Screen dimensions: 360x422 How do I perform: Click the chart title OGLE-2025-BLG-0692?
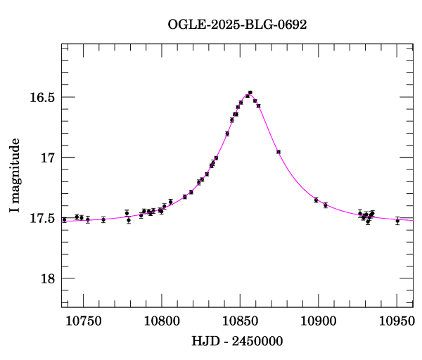pyautogui.click(x=237, y=24)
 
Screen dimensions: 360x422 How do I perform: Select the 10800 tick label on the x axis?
pyautogui.click(x=161, y=320)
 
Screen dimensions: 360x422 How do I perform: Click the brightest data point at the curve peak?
pyautogui.click(x=250, y=93)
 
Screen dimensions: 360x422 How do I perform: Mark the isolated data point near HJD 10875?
pyautogui.click(x=279, y=151)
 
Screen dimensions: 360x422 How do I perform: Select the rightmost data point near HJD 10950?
pyautogui.click(x=397, y=221)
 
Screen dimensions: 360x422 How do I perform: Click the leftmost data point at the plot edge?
pyautogui.click(x=64, y=219)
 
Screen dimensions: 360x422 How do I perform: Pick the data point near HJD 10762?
pyautogui.click(x=103, y=219)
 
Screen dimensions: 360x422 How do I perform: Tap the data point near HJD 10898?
pyautogui.click(x=316, y=200)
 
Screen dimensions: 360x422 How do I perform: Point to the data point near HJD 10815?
pyautogui.click(x=185, y=197)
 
